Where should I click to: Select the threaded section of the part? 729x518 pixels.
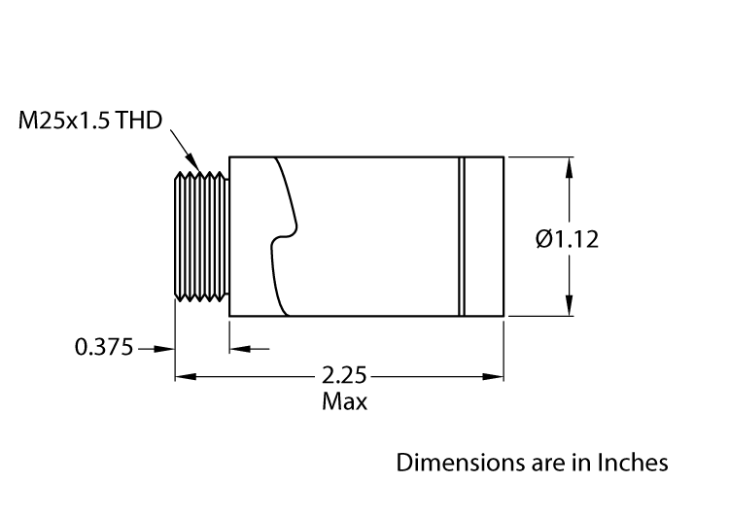click(202, 236)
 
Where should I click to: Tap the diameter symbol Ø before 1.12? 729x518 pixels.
click(544, 237)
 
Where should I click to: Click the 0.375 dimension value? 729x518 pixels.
click(103, 347)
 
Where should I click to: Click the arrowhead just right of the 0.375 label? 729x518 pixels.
click(166, 347)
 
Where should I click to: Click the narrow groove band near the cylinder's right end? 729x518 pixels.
click(464, 236)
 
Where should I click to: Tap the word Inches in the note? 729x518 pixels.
click(634, 462)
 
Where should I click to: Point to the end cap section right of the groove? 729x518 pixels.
click(485, 236)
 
